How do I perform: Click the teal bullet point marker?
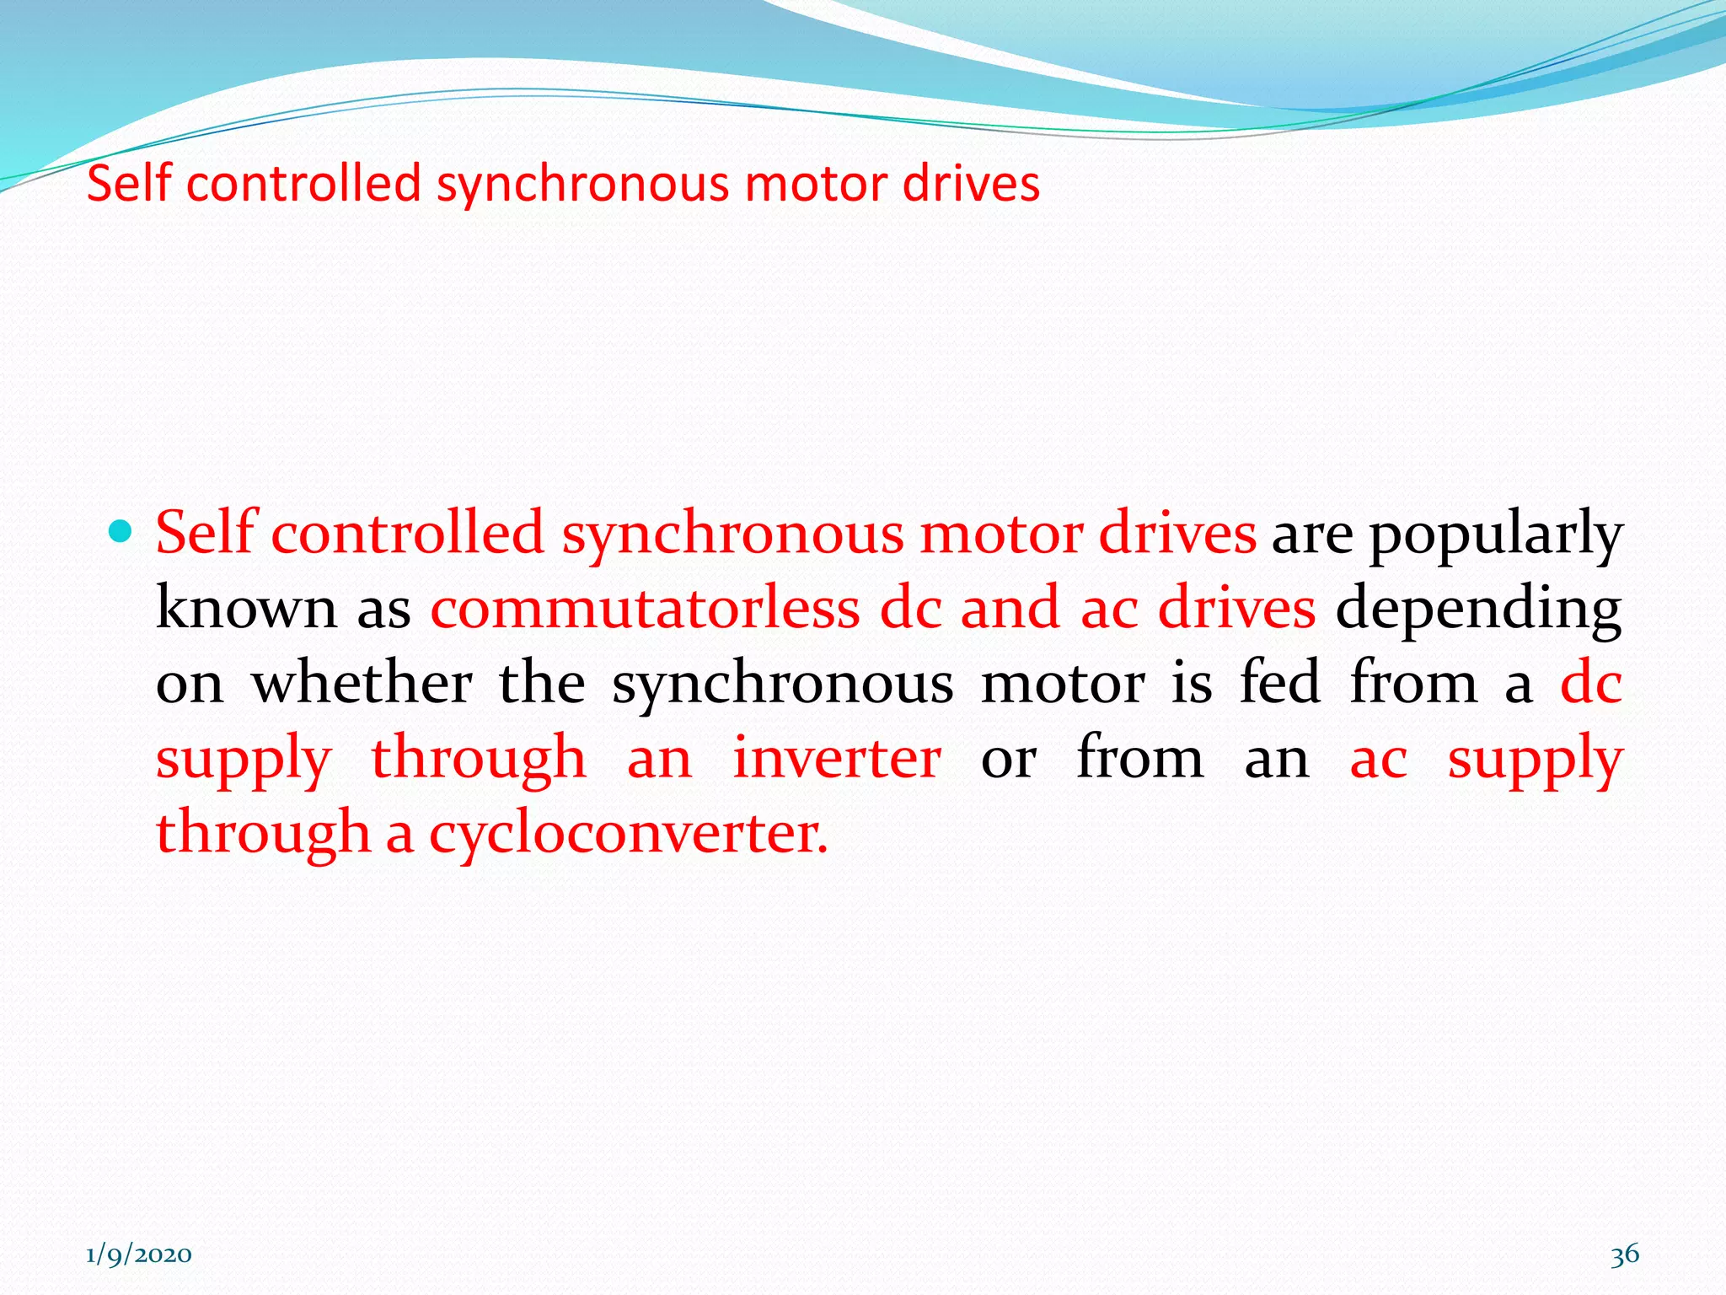pyautogui.click(x=121, y=531)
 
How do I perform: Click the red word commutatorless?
pyautogui.click(x=645, y=608)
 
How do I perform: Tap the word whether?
pyautogui.click(x=362, y=682)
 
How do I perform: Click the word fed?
pyautogui.click(x=1279, y=682)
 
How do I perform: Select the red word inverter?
pyautogui.click(x=836, y=758)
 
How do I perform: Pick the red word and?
pyautogui.click(x=1010, y=608)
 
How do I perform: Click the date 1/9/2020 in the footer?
pyautogui.click(x=139, y=1255)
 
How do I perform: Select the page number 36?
pyautogui.click(x=1625, y=1254)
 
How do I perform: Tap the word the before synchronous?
pyautogui.click(x=542, y=682)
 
